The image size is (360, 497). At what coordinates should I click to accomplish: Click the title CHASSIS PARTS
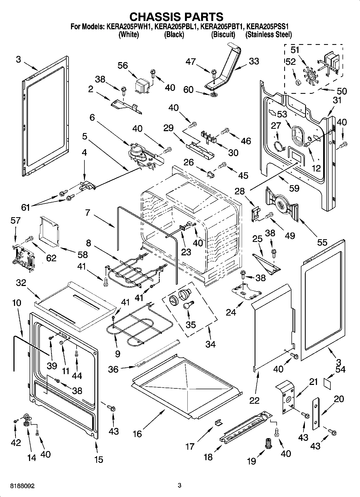[176, 17]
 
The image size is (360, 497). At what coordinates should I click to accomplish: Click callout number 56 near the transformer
[123, 66]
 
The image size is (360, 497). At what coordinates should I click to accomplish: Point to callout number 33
[254, 61]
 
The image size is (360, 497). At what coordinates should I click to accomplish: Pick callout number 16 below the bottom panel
[137, 434]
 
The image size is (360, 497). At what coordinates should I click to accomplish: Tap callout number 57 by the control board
[16, 221]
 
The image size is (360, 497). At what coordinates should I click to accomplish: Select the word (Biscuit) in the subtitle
[223, 34]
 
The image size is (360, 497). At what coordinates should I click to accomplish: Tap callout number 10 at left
[17, 303]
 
